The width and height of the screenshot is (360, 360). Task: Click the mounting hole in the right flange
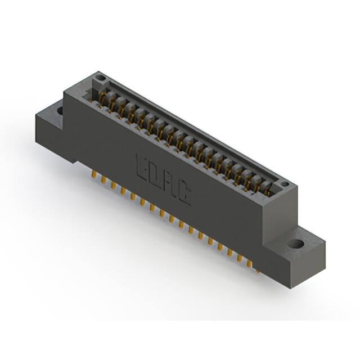[x=296, y=245]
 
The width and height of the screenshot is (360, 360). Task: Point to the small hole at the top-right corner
[x=285, y=184]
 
